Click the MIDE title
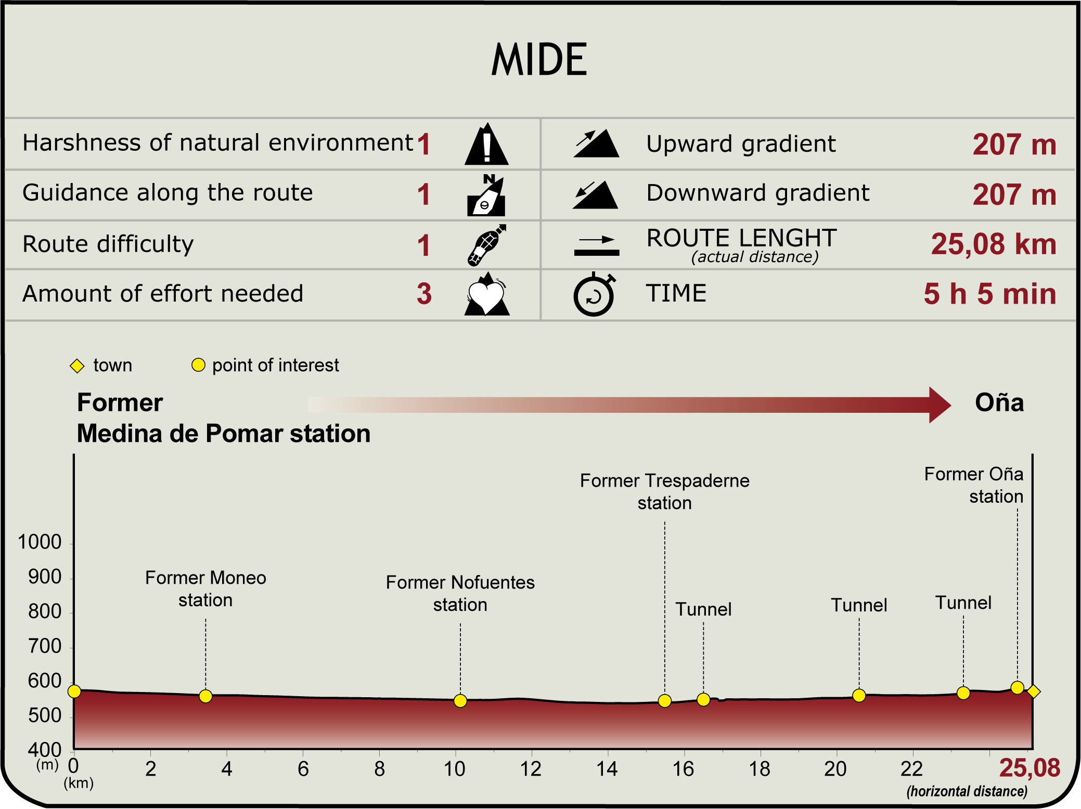coord(539,60)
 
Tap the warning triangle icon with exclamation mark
coord(486,145)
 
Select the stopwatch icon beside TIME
coord(594,294)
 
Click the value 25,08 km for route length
coord(993,244)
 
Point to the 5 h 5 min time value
coord(989,294)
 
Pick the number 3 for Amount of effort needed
coord(424,294)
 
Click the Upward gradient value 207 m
coord(1014,145)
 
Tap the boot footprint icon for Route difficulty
coord(486,245)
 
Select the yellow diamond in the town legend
coord(77,366)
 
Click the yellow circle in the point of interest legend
coord(198,365)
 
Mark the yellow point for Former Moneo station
coord(205,696)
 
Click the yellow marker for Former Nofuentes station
coord(460,701)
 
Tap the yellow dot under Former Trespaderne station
coord(664,701)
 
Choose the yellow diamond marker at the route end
coord(1034,691)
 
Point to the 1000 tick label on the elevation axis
coord(40,542)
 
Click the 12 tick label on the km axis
coord(531,769)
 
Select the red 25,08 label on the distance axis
coord(1029,768)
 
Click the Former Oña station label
coord(973,485)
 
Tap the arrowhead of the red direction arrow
coord(939,404)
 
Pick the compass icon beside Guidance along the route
coord(486,195)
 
